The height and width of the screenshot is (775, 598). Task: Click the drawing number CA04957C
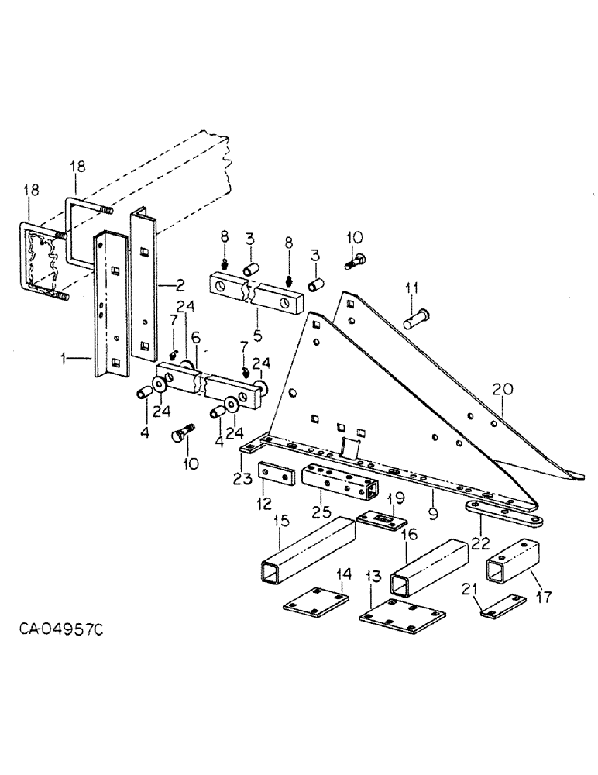coord(60,626)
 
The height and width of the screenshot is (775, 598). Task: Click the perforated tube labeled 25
coord(339,484)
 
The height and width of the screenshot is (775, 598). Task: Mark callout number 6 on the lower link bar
coord(196,339)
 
